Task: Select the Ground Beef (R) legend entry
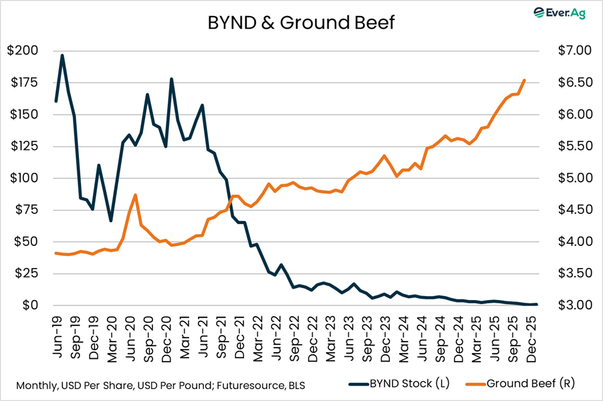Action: coord(525,384)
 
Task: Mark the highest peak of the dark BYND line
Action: coord(62,55)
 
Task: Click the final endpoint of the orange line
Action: coord(524,80)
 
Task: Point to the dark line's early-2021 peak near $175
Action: coord(172,79)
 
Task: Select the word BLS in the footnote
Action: coord(299,386)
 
